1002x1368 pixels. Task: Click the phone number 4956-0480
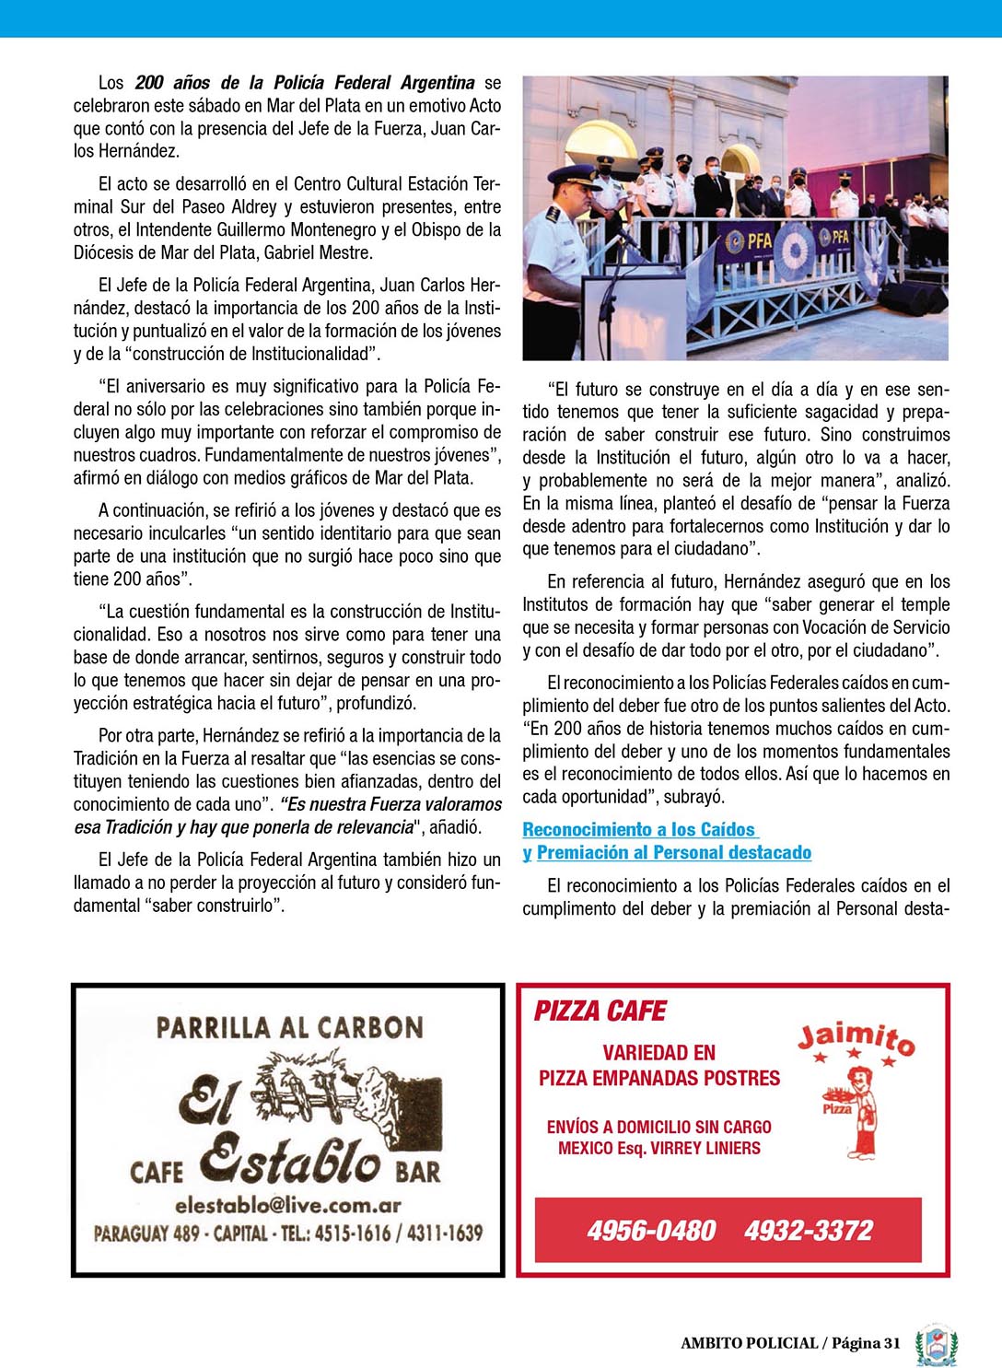[651, 1230]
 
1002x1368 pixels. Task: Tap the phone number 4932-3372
[808, 1230]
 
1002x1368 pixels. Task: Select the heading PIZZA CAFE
[600, 1011]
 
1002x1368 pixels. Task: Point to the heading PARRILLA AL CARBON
[289, 1027]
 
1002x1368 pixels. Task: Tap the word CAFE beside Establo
[156, 1172]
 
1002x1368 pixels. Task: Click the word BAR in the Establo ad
[418, 1172]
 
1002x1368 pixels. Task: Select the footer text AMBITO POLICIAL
[749, 1343]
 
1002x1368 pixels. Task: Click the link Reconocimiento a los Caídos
[638, 830]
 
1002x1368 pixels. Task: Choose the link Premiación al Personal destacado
[673, 853]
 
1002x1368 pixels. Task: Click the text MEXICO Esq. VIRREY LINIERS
[658, 1149]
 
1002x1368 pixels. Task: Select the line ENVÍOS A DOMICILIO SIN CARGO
[658, 1127]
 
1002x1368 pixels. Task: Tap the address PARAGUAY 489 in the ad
[146, 1234]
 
